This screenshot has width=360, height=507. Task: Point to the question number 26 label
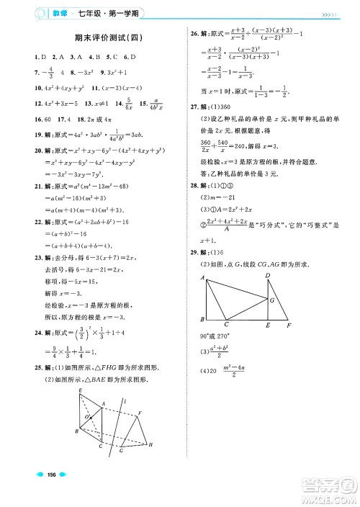pyautogui.click(x=194, y=33)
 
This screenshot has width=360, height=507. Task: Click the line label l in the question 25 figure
pyautogui.click(x=127, y=400)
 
